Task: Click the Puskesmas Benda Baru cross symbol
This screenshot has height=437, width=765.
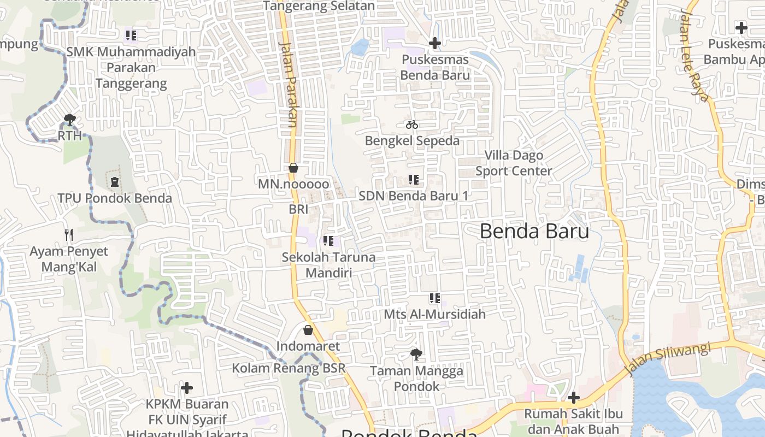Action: (x=435, y=43)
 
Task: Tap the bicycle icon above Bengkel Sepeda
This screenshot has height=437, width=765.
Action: (x=412, y=125)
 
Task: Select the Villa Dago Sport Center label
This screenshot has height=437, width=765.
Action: (x=514, y=163)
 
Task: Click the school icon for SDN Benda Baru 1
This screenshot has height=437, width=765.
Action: (x=414, y=180)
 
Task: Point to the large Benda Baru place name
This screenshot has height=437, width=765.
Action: (x=534, y=231)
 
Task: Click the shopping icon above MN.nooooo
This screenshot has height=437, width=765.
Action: (x=293, y=168)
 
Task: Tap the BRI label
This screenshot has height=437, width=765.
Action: (x=298, y=209)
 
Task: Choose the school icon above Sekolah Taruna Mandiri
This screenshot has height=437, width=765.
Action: (x=328, y=241)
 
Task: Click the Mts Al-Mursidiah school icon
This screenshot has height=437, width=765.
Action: (x=435, y=298)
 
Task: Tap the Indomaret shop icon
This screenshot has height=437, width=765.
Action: (x=308, y=330)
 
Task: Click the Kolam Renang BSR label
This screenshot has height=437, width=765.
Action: (x=289, y=368)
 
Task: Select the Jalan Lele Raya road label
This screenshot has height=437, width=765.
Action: (x=694, y=55)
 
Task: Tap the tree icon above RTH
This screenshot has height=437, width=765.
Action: (x=69, y=120)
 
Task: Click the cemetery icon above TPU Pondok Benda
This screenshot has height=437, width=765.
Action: (x=115, y=182)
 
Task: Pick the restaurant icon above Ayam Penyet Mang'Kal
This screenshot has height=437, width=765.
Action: (x=69, y=235)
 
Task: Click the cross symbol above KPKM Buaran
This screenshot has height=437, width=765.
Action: (x=187, y=388)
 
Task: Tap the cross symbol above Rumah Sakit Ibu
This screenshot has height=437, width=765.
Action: (x=573, y=398)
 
